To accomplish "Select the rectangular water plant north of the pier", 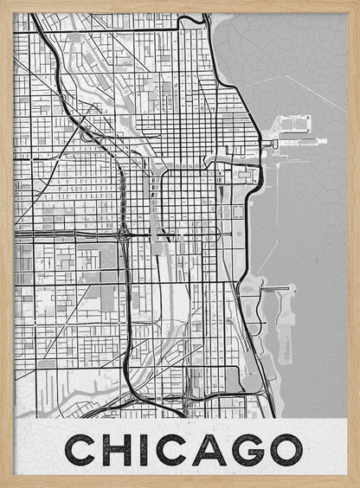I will click(x=294, y=123).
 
